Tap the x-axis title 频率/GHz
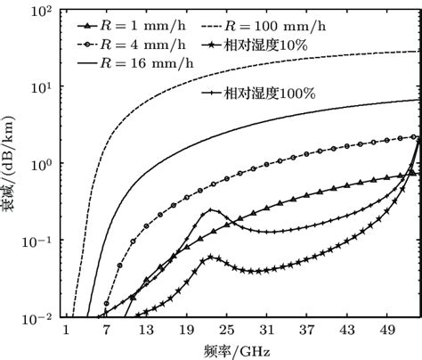click(x=234, y=349)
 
